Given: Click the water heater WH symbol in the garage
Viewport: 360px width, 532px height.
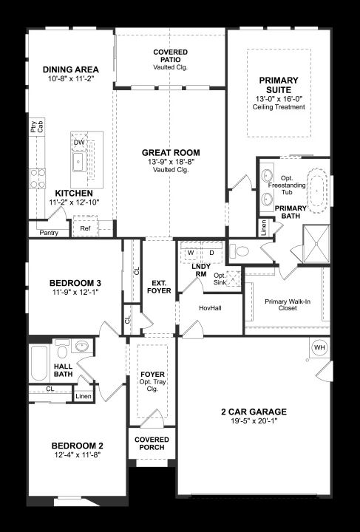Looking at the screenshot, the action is click(319, 347).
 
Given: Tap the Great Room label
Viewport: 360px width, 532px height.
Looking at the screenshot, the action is click(171, 153).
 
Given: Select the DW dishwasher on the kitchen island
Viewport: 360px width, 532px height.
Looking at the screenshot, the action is click(79, 143).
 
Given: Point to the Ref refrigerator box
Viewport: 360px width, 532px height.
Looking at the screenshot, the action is click(85, 228).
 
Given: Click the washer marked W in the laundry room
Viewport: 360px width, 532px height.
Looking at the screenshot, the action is click(191, 253).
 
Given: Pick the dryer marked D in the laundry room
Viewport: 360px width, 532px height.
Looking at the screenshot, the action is click(211, 253).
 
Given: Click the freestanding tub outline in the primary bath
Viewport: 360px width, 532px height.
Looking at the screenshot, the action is click(317, 191).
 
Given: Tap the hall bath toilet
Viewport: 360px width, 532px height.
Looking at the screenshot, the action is click(62, 349).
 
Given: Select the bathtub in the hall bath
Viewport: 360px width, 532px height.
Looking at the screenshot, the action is click(39, 363).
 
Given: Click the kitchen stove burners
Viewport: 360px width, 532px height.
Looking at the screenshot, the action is click(38, 179).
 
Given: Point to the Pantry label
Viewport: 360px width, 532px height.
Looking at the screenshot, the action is click(49, 233).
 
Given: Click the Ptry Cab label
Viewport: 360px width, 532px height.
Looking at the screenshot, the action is click(37, 126).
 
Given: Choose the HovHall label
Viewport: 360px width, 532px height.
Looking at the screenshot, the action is click(210, 308).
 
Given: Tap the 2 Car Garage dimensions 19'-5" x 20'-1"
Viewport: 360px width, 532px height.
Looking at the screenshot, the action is click(254, 421).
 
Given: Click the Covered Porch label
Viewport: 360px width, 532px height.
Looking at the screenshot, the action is click(152, 443).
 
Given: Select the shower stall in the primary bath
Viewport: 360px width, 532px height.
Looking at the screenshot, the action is click(316, 244).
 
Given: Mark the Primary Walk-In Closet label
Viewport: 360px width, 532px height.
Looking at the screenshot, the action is click(288, 304).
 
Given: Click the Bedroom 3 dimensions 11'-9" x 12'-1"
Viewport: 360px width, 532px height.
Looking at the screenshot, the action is click(75, 292).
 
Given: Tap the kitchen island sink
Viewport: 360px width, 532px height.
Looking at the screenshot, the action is click(79, 162).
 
